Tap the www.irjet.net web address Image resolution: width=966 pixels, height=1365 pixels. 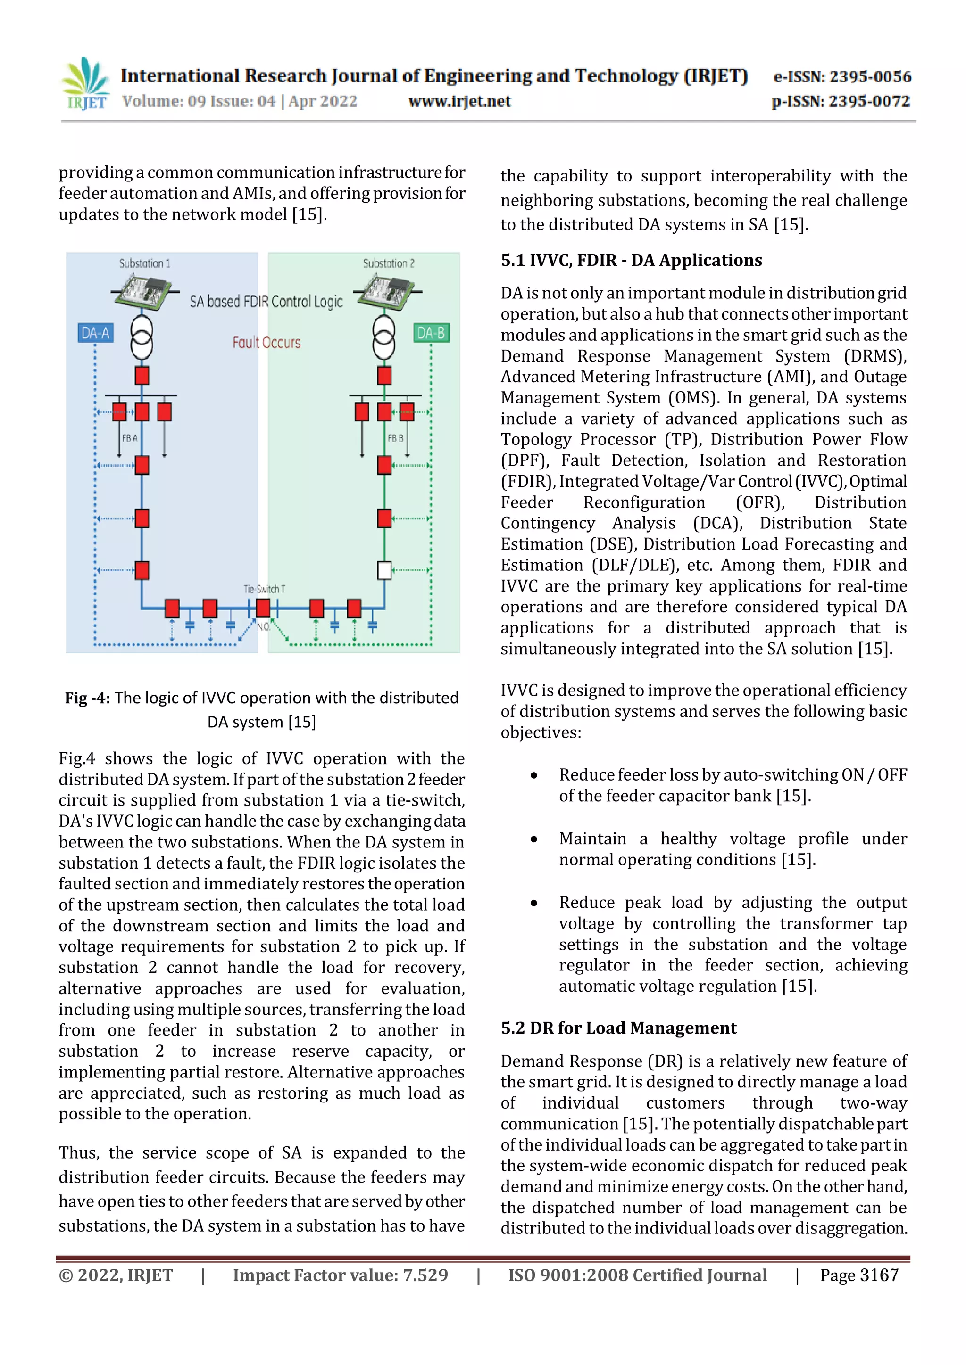[x=459, y=102]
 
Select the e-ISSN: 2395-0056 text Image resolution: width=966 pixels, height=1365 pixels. [x=841, y=77]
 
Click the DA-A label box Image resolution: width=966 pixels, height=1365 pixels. [x=95, y=333]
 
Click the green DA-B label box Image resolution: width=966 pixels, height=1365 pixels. [x=431, y=333]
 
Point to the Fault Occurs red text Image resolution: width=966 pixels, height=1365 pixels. [x=266, y=343]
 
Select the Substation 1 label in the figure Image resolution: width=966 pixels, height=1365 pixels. [x=144, y=263]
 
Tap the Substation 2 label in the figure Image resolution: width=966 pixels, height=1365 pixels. [x=388, y=263]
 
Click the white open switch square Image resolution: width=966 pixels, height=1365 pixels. [x=384, y=571]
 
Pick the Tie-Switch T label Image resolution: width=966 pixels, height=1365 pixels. [x=264, y=589]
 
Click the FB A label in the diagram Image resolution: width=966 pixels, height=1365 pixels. [x=129, y=438]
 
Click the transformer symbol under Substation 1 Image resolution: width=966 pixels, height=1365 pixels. [x=142, y=337]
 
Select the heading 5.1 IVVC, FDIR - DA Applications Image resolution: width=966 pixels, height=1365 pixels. [x=631, y=260]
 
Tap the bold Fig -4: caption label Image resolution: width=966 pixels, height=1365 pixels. [x=87, y=698]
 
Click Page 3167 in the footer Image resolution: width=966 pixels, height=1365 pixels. [x=858, y=1275]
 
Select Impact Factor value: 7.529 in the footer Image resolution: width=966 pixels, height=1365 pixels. [x=340, y=1275]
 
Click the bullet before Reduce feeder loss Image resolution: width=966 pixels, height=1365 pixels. [x=534, y=775]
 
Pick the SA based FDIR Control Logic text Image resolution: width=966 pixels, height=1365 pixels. [x=266, y=302]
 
